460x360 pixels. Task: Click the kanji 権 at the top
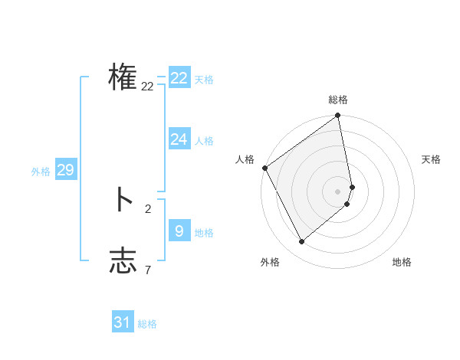click(123, 77)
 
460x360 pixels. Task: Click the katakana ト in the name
click(123, 200)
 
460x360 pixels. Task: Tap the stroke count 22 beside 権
click(148, 87)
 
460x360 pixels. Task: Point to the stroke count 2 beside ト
click(148, 208)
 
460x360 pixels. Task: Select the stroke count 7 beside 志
click(148, 270)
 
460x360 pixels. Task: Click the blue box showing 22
click(179, 78)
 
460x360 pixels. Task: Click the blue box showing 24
click(179, 139)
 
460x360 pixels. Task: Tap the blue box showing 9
click(179, 231)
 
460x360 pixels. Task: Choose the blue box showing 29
click(65, 170)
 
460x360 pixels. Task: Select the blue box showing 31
click(123, 322)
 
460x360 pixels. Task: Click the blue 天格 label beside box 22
click(204, 80)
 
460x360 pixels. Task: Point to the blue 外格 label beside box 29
click(41, 172)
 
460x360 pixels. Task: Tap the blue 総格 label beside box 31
click(147, 325)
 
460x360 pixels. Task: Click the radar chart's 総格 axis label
click(338, 100)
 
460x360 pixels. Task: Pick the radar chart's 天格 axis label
click(431, 159)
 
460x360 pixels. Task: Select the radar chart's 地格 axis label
click(402, 262)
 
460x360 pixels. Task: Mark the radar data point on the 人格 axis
click(264, 168)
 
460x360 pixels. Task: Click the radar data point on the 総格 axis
click(338, 116)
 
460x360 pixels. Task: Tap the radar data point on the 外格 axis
click(301, 242)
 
